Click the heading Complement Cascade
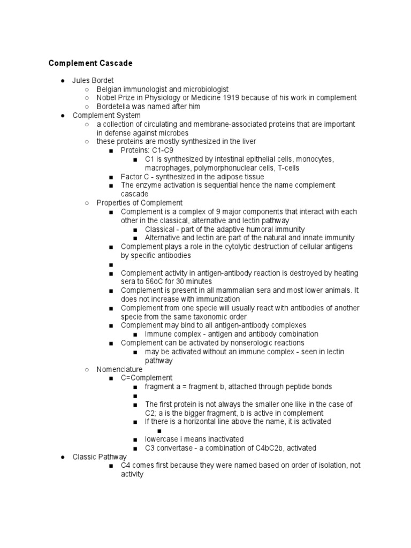90,63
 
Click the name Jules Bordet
93,80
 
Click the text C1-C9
162,150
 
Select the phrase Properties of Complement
139,203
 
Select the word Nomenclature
119,369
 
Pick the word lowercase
163,439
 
